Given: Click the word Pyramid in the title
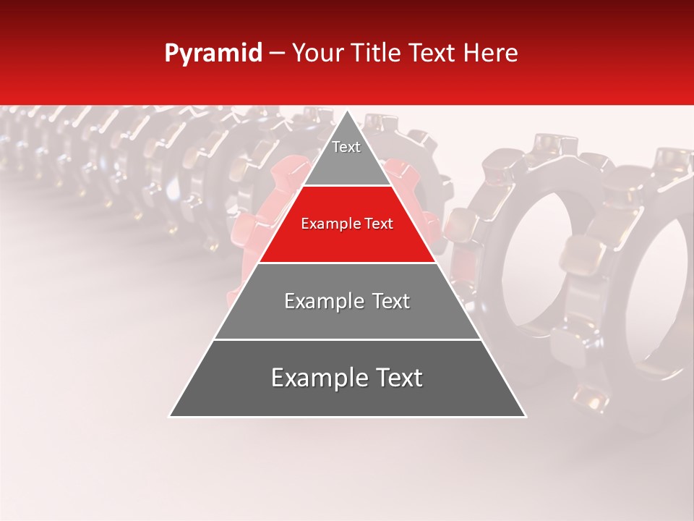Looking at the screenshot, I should coord(213,54).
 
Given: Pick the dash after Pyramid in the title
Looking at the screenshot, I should coord(276,54).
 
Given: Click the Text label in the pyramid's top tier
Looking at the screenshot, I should coord(346,147).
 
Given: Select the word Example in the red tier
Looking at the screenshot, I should coord(327,224).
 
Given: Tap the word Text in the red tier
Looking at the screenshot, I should coord(379,224).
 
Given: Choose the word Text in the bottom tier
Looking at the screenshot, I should coord(397,378).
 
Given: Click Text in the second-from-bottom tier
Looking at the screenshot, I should coord(387,301).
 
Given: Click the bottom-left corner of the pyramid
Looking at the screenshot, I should coord(169,416).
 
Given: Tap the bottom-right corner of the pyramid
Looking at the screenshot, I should coord(526,416).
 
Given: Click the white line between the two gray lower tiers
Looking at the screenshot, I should coord(347,339).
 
